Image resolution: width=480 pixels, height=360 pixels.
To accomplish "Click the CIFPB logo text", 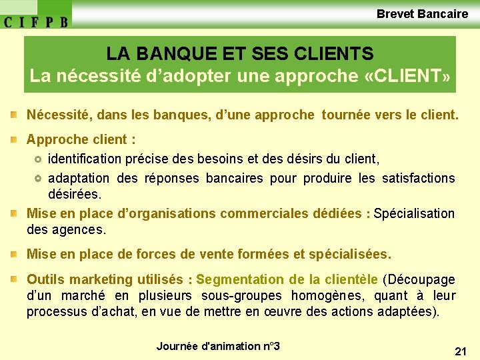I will (x=36, y=21).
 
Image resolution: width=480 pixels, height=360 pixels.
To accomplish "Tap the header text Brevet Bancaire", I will (x=422, y=13).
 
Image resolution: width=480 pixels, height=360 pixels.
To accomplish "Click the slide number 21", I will (x=460, y=351).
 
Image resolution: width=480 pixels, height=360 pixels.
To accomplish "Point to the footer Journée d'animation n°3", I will (x=218, y=346).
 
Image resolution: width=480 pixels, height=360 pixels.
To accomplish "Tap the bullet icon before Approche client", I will (x=14, y=140).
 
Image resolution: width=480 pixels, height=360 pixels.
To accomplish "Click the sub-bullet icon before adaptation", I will (x=38, y=179).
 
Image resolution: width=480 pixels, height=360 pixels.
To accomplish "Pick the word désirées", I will (x=75, y=195).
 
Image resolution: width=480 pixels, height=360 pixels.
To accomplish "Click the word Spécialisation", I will (x=414, y=214).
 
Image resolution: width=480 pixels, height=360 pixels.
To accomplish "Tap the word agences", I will (x=83, y=230).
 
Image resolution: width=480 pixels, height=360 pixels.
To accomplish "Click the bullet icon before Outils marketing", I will (x=14, y=279).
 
